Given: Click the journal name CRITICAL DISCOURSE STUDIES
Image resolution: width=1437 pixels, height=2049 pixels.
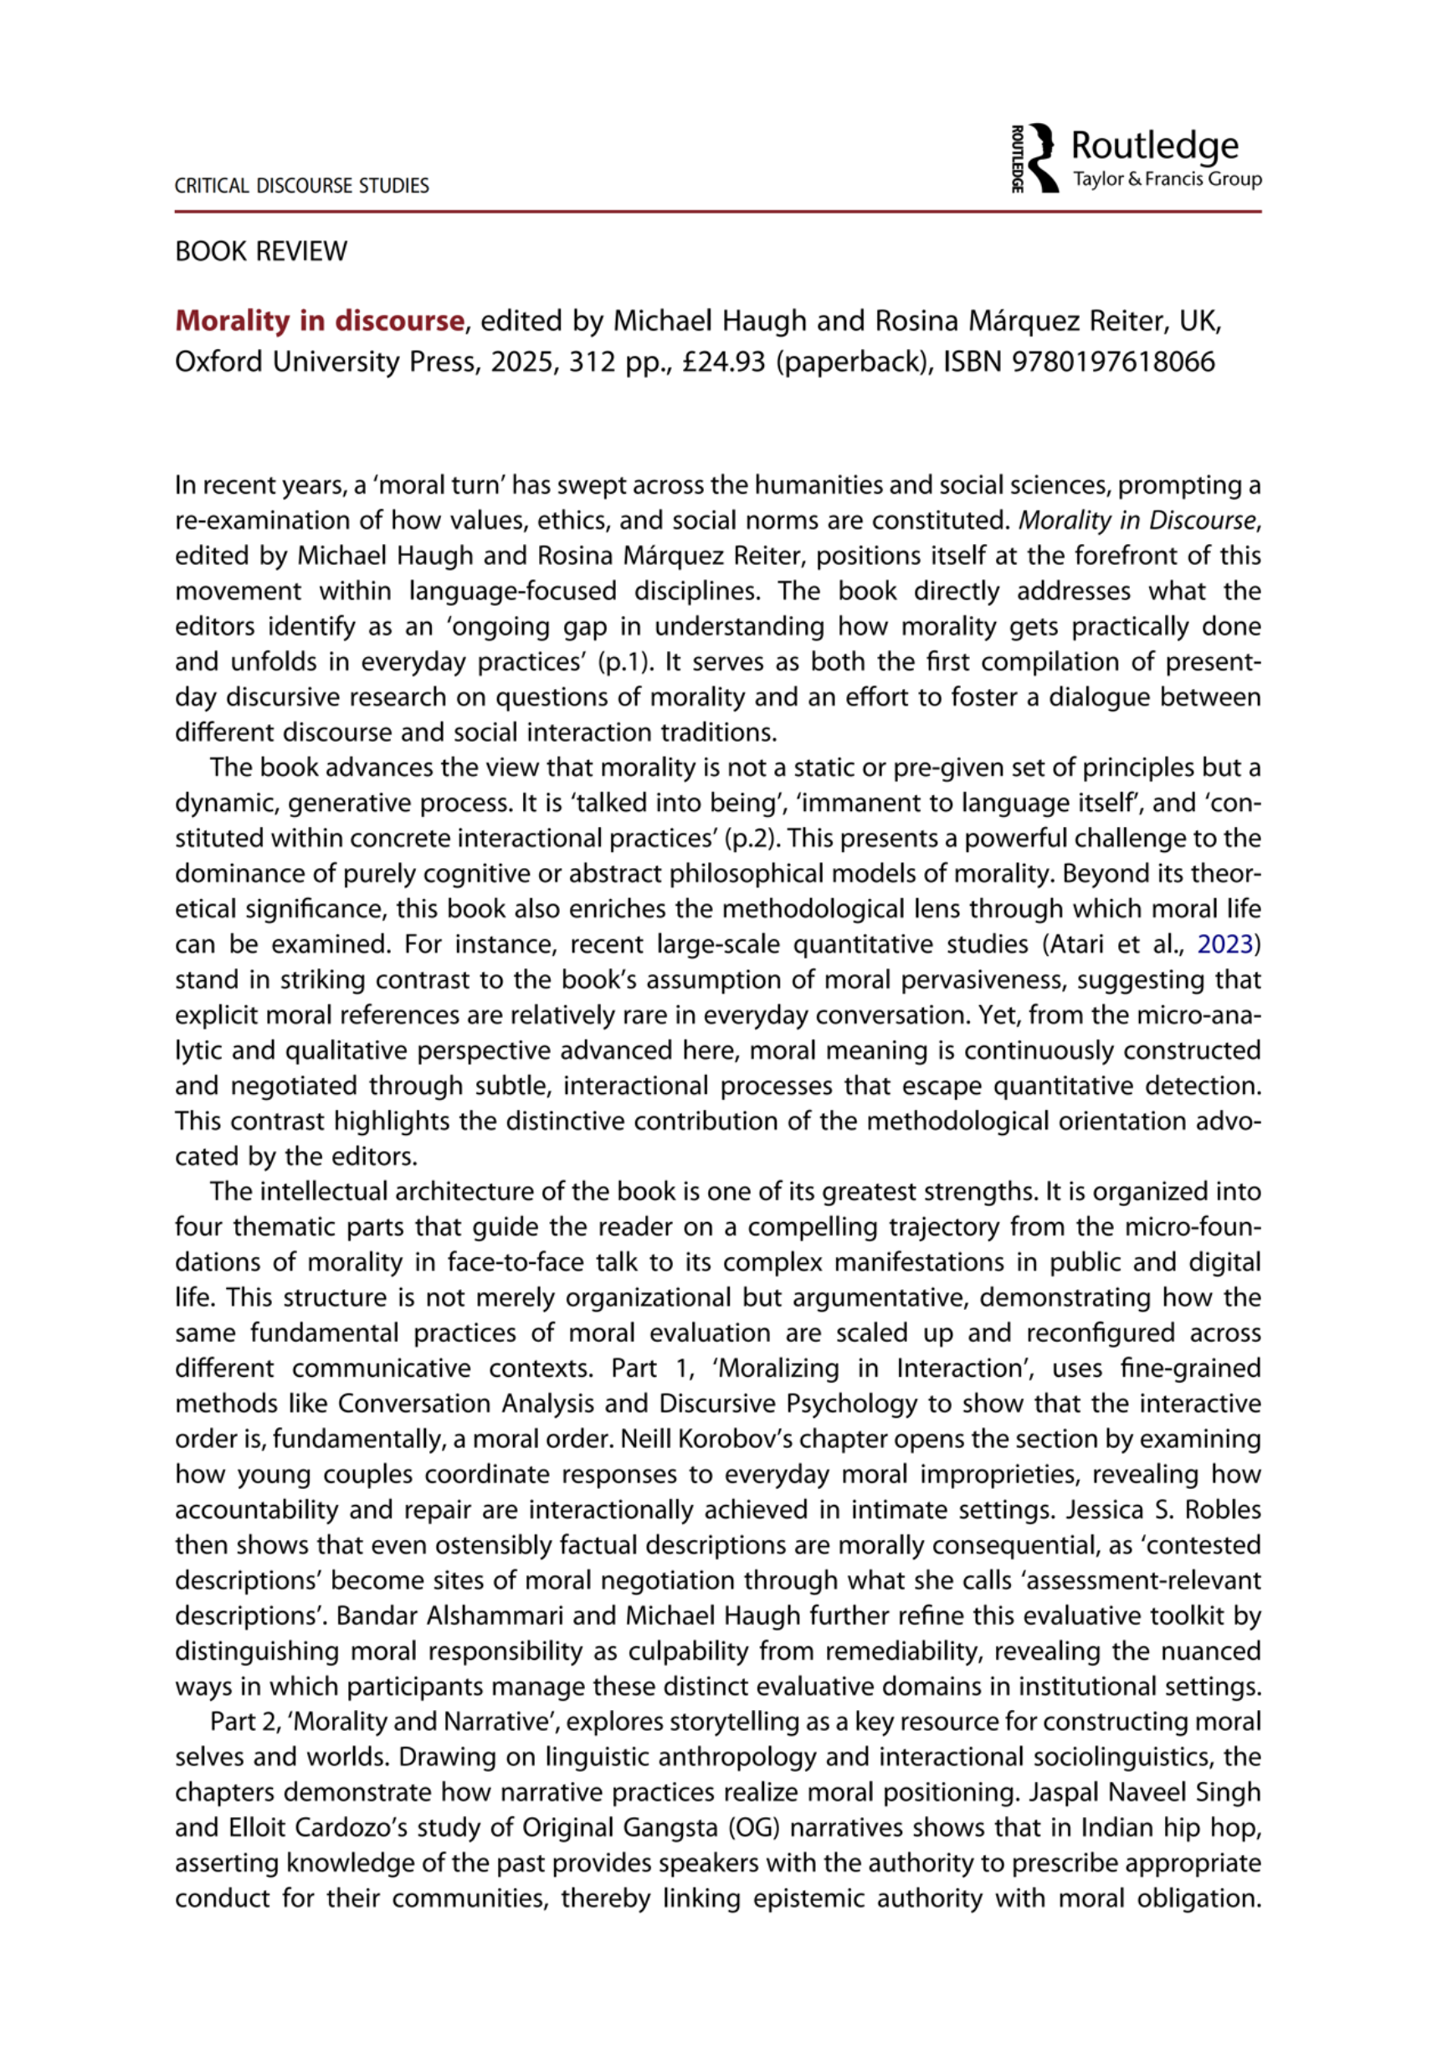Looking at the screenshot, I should [x=301, y=186].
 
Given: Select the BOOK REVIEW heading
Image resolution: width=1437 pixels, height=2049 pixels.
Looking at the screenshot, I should [x=260, y=252].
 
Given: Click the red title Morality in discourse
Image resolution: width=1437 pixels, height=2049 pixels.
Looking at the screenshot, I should [x=320, y=321].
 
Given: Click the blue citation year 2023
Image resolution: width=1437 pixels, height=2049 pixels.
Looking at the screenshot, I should [x=1224, y=944].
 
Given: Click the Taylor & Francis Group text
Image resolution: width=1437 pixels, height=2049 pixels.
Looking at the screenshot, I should [x=1167, y=179].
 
